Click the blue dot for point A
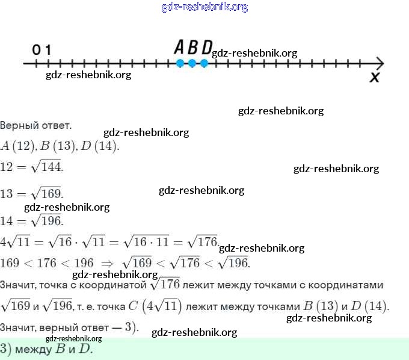(x=180, y=63)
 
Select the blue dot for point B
(x=192, y=63)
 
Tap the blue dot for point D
(x=204, y=63)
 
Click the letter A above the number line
(x=179, y=47)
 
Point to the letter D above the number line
(x=206, y=47)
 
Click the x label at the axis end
(x=374, y=78)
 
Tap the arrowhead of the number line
(x=380, y=63)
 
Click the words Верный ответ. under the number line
(x=35, y=126)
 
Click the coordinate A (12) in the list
(x=18, y=146)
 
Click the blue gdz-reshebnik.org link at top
(x=204, y=7)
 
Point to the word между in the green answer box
(x=35, y=349)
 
